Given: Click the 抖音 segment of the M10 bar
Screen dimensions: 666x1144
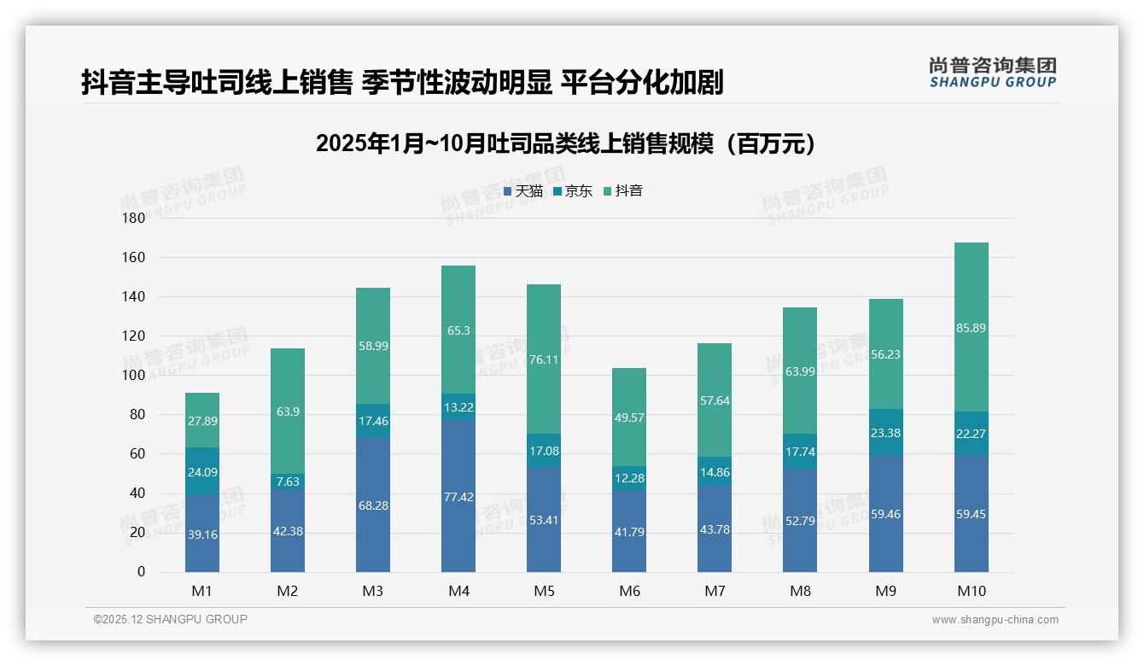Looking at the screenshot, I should (x=971, y=327).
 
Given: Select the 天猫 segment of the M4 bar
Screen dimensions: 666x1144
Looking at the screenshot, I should (x=458, y=495).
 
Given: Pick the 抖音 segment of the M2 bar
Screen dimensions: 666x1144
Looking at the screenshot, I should (x=288, y=411).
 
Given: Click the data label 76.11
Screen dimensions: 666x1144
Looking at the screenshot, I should (x=544, y=359).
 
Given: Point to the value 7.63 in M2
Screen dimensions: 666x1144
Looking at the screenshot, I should (x=288, y=482).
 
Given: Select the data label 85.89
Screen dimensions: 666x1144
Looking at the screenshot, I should (x=971, y=328).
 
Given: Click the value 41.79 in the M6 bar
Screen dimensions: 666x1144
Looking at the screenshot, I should (x=629, y=532).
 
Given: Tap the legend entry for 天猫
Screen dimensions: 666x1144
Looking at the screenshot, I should (x=523, y=191).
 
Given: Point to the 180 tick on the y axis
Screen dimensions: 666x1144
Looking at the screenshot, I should (x=135, y=218).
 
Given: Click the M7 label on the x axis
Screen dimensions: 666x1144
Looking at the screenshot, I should (x=715, y=591).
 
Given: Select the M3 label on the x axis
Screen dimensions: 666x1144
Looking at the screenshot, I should (x=373, y=591).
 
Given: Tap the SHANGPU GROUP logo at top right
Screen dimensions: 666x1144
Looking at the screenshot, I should (x=992, y=73).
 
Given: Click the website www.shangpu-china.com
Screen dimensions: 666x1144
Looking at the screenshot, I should (x=995, y=620).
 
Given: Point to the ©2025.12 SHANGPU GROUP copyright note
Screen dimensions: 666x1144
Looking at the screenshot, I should (x=171, y=620).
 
